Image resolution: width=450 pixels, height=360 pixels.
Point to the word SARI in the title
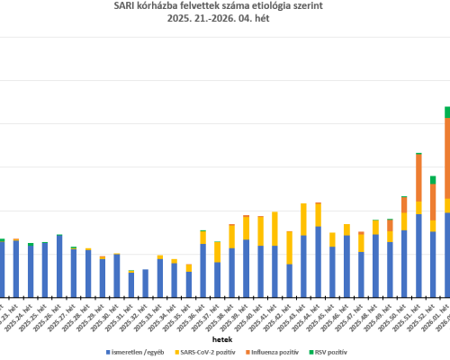point(126,6)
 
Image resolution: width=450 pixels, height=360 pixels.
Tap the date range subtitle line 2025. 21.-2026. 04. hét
point(224,19)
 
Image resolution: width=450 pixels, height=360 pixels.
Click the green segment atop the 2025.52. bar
point(433,180)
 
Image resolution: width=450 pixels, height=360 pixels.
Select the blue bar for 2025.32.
point(145,283)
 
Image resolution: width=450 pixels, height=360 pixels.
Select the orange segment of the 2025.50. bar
point(404,205)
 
